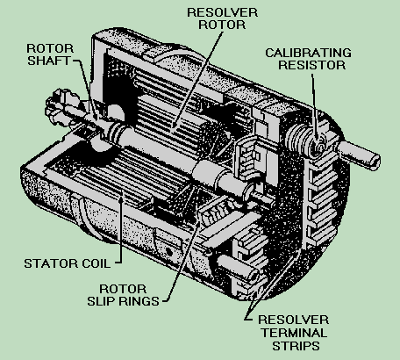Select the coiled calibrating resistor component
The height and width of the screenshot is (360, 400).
click(x=309, y=137)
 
